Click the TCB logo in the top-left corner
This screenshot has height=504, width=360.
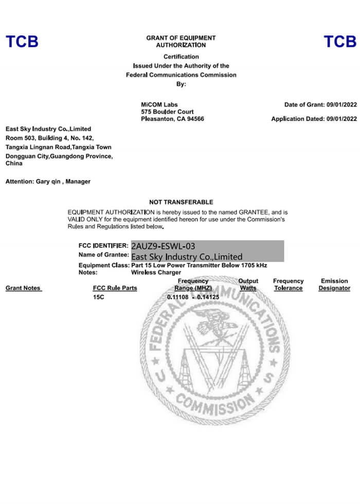[x=22, y=42]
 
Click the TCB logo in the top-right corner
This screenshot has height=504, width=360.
[x=339, y=42]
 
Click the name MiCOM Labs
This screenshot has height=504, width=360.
[x=159, y=105]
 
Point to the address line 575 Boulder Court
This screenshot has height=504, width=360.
[x=167, y=112]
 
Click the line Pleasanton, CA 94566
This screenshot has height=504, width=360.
[x=172, y=119]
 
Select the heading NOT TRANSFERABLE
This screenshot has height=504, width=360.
[x=181, y=202]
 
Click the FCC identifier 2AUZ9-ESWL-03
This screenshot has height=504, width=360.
[x=163, y=246]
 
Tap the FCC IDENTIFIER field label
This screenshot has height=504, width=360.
[x=103, y=246]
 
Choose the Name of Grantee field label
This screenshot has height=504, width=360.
[x=103, y=255]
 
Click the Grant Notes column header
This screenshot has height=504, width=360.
[x=23, y=289]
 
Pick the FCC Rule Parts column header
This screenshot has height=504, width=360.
[x=115, y=289]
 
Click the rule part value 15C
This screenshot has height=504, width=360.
[x=98, y=298]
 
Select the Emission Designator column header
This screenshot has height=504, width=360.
[x=334, y=285]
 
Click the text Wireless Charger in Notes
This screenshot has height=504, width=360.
[x=156, y=273]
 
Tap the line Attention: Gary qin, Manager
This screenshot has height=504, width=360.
[x=48, y=182]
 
